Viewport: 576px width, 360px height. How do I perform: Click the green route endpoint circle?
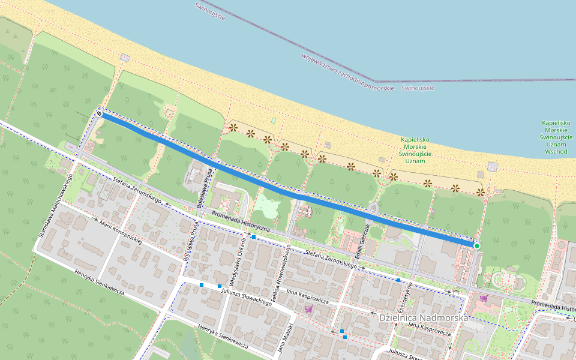[477, 245]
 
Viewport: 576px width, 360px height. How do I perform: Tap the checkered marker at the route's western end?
[99, 113]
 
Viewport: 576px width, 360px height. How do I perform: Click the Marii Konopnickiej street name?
[121, 232]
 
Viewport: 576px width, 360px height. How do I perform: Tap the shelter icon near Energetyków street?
[457, 292]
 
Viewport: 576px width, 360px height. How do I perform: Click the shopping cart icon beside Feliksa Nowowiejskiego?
[308, 309]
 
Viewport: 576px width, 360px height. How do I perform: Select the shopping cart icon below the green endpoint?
[484, 298]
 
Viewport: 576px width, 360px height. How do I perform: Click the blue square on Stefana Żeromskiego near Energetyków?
[398, 280]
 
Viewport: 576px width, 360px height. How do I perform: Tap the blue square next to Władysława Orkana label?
[254, 238]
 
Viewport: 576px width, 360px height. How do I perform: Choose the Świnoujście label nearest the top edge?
[210, 11]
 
